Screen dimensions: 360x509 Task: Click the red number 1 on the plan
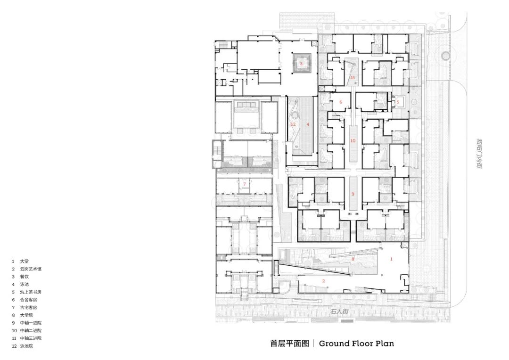[x=390, y=259]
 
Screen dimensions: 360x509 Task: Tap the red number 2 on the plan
[x=323, y=281]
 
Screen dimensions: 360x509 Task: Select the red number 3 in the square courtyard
[x=301, y=63]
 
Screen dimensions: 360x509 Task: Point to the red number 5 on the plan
[x=397, y=101]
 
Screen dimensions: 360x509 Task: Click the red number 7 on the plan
[x=244, y=184]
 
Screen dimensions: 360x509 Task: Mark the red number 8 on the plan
[x=352, y=259]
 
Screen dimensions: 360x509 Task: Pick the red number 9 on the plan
[x=352, y=194]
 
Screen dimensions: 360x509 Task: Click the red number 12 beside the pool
[x=293, y=124]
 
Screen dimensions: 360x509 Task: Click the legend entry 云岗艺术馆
[x=30, y=269]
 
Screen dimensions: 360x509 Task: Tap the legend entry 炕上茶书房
[x=30, y=292]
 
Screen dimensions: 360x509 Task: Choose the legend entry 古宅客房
[x=28, y=307]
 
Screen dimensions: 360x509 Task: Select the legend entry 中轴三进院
[x=30, y=338]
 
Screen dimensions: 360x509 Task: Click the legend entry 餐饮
[x=24, y=277]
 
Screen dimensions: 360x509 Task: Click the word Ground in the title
[x=335, y=344]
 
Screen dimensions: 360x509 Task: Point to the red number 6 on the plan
[x=340, y=102]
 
